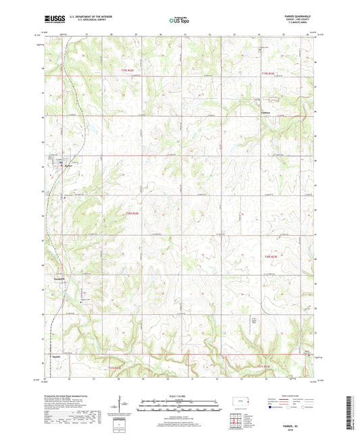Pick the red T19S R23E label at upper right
pos(269,72)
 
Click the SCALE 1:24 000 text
pos(180,395)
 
